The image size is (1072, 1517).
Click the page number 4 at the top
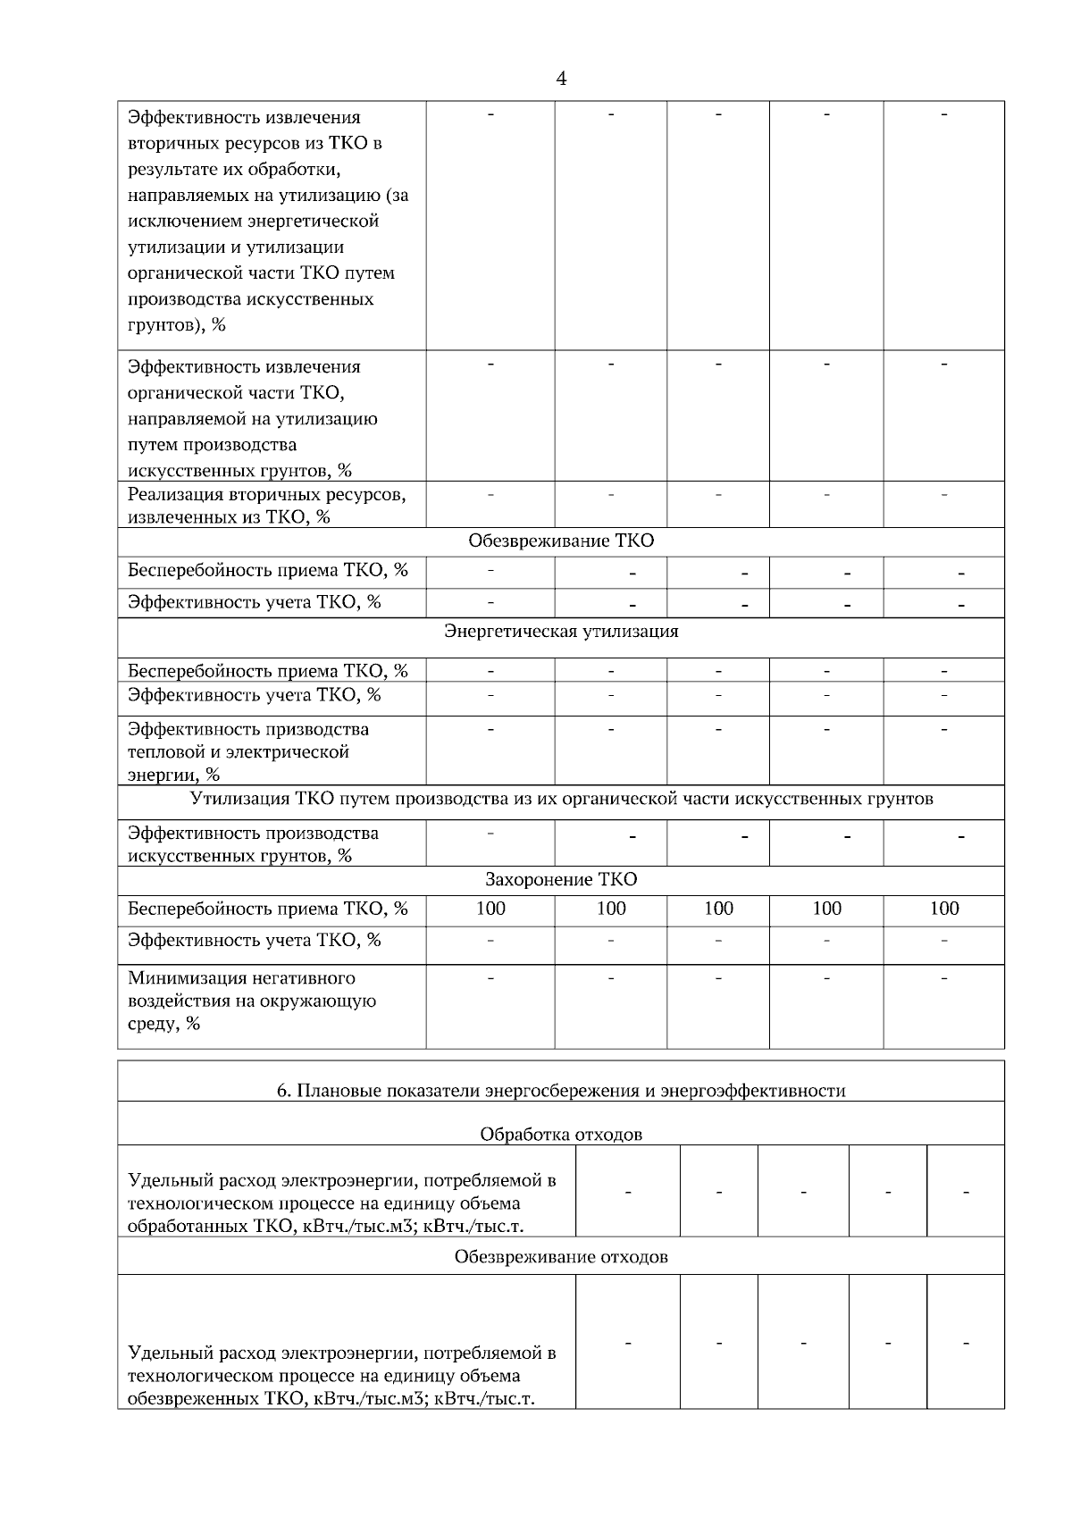pos(561,79)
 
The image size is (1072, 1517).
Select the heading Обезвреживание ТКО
pos(561,541)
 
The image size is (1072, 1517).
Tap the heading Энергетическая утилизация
pos(561,632)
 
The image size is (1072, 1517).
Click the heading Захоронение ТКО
pos(561,879)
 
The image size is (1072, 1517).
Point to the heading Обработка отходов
pos(561,1135)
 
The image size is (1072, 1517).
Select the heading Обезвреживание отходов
pos(561,1257)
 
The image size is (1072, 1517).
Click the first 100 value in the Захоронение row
pos(490,909)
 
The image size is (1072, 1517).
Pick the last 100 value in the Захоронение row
pos(944,909)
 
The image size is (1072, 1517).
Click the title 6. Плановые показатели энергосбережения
pos(561,1090)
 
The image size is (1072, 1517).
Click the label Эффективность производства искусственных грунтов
pos(253,844)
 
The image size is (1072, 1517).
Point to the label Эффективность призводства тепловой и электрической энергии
pos(248,751)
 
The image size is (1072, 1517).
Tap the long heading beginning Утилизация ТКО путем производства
pos(561,799)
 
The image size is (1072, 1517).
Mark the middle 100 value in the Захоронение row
pos(718,909)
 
